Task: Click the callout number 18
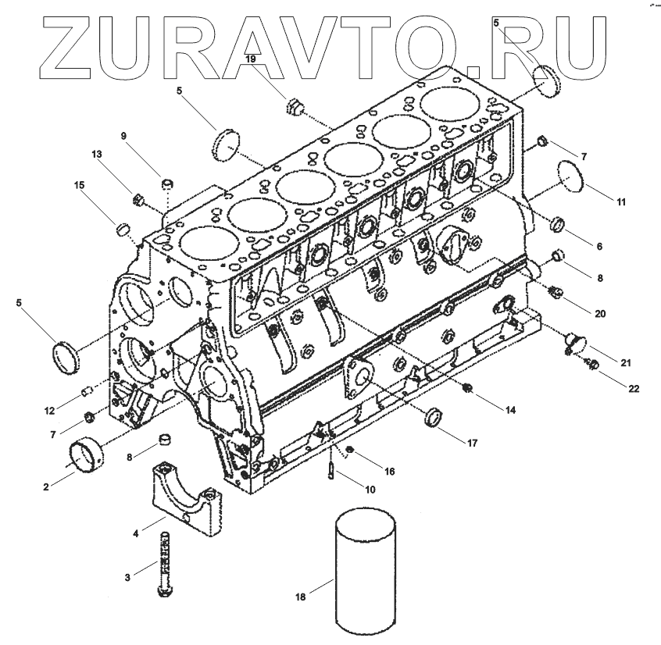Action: coord(301,597)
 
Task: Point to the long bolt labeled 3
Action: coord(163,565)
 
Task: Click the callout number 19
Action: coord(250,59)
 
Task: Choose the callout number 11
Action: coord(621,202)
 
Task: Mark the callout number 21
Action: coord(626,363)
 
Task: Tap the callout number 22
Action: coord(634,388)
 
